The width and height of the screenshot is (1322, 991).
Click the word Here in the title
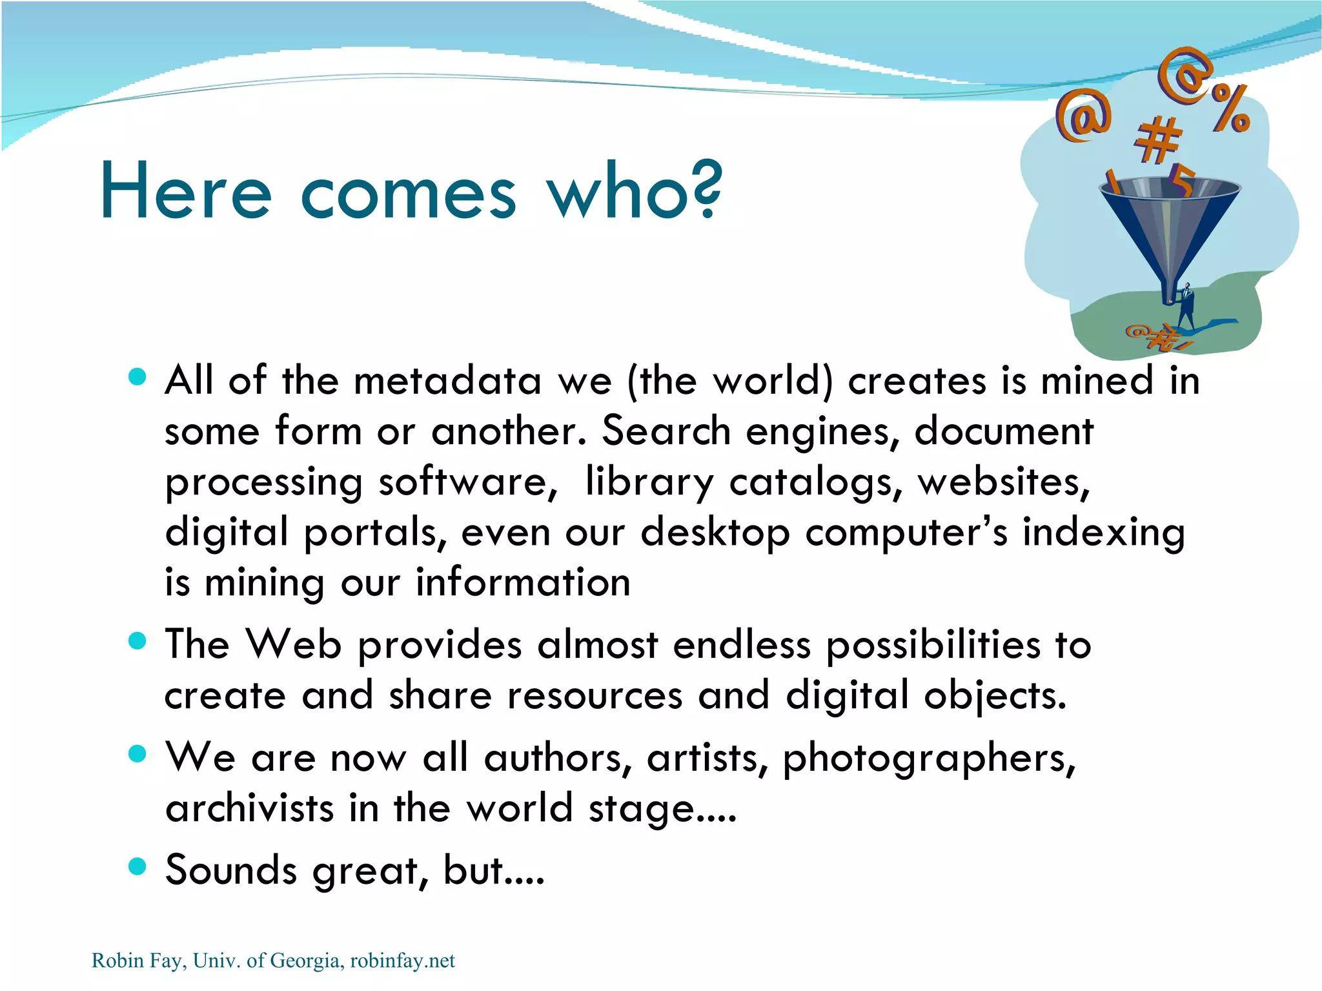(185, 192)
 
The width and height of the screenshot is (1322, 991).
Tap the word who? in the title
(635, 190)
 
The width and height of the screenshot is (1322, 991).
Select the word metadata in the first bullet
(447, 380)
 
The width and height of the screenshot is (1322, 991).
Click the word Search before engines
(666, 431)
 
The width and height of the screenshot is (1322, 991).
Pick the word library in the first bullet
(649, 483)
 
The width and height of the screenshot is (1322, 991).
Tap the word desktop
(715, 533)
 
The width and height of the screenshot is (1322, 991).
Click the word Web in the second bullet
(294, 644)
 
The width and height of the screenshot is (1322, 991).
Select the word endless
(742, 644)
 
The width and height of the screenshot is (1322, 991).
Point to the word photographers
(930, 758)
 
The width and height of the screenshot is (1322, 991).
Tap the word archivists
(249, 808)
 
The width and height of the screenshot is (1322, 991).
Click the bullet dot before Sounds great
(137, 866)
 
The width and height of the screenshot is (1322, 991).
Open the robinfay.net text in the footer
(402, 961)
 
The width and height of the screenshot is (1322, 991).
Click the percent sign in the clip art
(1230, 108)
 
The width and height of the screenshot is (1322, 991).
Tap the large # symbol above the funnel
(1157, 139)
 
